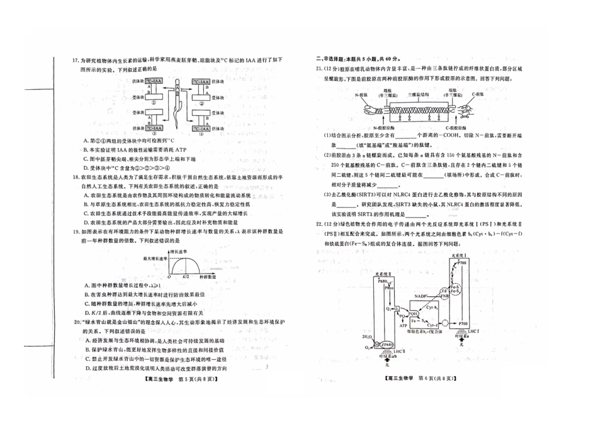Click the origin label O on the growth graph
coord(167,277)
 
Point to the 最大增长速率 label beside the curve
coord(156,259)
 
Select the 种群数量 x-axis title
coord(212,277)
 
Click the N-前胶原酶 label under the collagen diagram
coord(369,126)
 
